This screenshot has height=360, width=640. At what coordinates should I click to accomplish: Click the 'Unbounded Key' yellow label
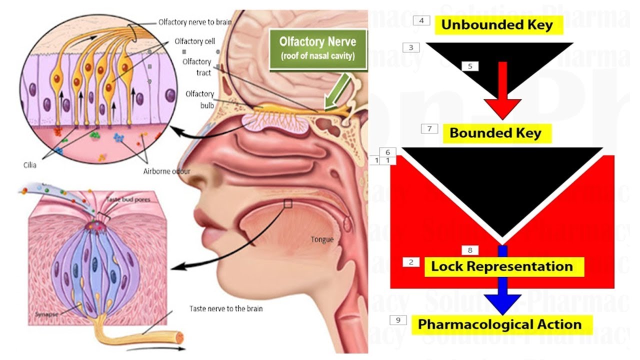[x=498, y=24]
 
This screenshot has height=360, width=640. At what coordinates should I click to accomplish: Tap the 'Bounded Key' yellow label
[x=495, y=133]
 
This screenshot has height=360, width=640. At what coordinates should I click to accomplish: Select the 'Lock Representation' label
[x=502, y=266]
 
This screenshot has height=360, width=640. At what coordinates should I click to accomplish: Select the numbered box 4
[x=421, y=20]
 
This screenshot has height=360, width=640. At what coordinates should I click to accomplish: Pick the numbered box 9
[x=398, y=319]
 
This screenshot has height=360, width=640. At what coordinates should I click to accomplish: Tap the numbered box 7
[x=429, y=128]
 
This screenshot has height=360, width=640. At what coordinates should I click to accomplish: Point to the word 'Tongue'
[x=322, y=239]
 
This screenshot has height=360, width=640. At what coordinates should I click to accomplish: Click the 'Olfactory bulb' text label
[x=199, y=98]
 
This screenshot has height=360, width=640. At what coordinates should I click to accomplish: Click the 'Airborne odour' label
[x=167, y=171]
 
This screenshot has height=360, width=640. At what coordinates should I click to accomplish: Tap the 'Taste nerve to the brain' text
[x=226, y=308]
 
